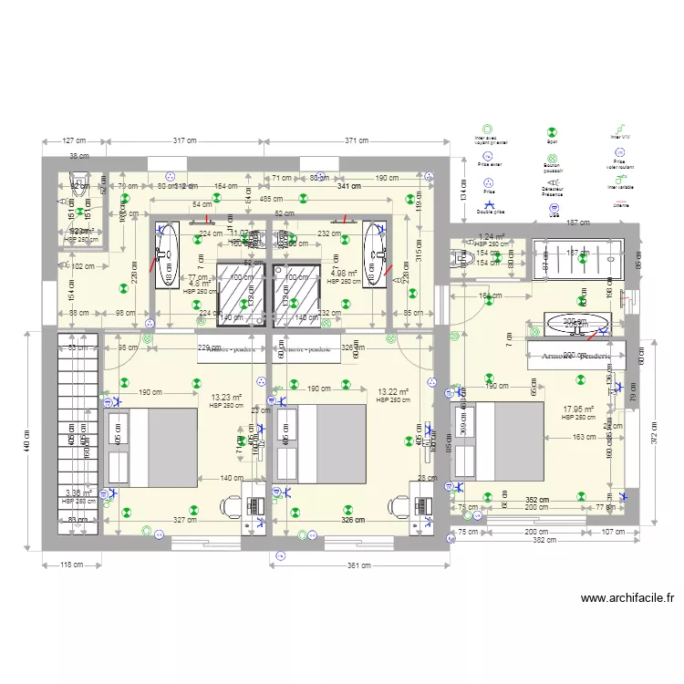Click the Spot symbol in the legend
[x=553, y=130]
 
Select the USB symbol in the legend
[x=553, y=208]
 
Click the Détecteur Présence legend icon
[x=553, y=181]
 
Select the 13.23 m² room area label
[x=225, y=398]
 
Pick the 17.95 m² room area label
[x=578, y=409]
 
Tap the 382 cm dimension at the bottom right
[x=544, y=540]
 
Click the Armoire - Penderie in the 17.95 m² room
[x=575, y=356]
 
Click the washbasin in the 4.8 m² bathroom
[x=166, y=255]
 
